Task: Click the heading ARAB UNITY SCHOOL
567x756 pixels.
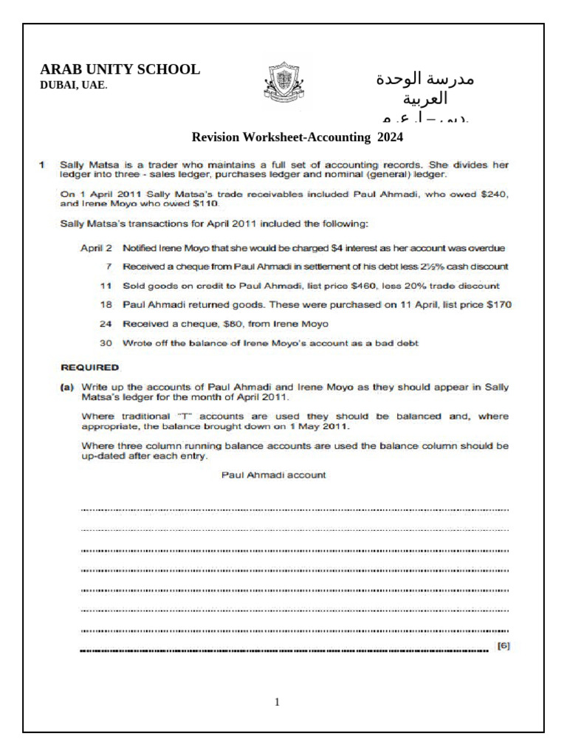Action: [x=120, y=69]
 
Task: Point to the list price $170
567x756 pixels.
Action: [x=498, y=304]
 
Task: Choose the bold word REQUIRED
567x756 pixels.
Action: [x=89, y=366]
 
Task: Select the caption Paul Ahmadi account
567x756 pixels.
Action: [x=273, y=475]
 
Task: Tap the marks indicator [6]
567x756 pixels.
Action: [x=504, y=646]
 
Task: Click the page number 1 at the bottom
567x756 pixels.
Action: [x=277, y=702]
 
